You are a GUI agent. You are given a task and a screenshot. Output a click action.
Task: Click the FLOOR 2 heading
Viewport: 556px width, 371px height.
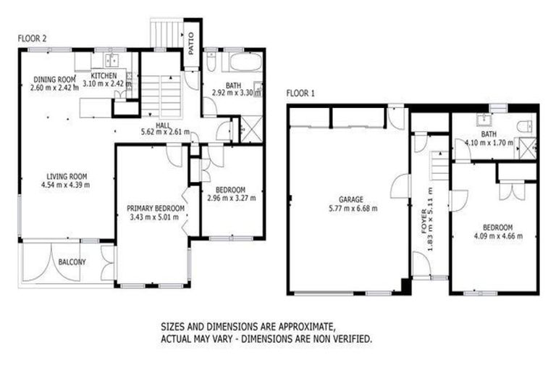tap(32, 38)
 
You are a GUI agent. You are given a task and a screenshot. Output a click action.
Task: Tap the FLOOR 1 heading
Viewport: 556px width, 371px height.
tap(300, 93)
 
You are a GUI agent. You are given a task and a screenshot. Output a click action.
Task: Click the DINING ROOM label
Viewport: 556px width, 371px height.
tap(54, 79)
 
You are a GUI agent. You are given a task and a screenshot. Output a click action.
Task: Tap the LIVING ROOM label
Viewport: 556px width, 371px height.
tap(67, 176)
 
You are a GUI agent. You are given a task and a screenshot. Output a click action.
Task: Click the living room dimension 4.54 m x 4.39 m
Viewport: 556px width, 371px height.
tap(67, 185)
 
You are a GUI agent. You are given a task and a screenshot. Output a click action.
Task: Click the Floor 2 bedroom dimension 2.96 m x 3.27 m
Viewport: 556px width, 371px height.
tap(231, 197)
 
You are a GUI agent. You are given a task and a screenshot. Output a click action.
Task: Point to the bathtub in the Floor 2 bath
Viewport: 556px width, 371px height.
tap(244, 62)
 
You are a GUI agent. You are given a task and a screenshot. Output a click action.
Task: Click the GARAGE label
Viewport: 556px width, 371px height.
tap(350, 200)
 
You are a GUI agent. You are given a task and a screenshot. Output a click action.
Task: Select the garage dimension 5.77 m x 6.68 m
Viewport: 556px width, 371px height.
tap(350, 209)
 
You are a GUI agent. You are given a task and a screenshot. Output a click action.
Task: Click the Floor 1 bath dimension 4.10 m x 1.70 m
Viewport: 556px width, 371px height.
tap(489, 143)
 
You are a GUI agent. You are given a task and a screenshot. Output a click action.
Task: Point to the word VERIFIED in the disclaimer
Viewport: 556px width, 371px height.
tap(351, 338)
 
